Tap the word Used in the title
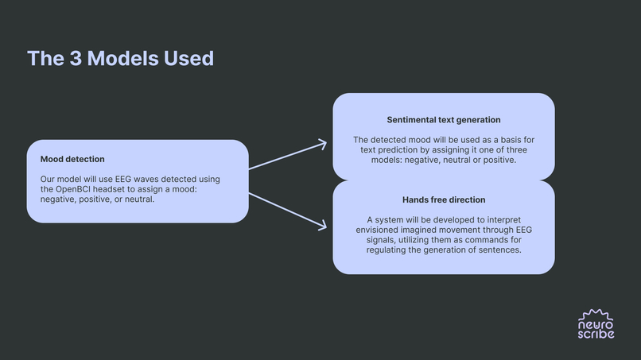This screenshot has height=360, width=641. coord(191,58)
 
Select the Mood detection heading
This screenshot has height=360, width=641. coord(72,159)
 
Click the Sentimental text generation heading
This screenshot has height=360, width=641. coord(444,120)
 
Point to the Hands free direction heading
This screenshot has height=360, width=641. coord(444,199)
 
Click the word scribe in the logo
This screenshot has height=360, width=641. coord(596,334)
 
